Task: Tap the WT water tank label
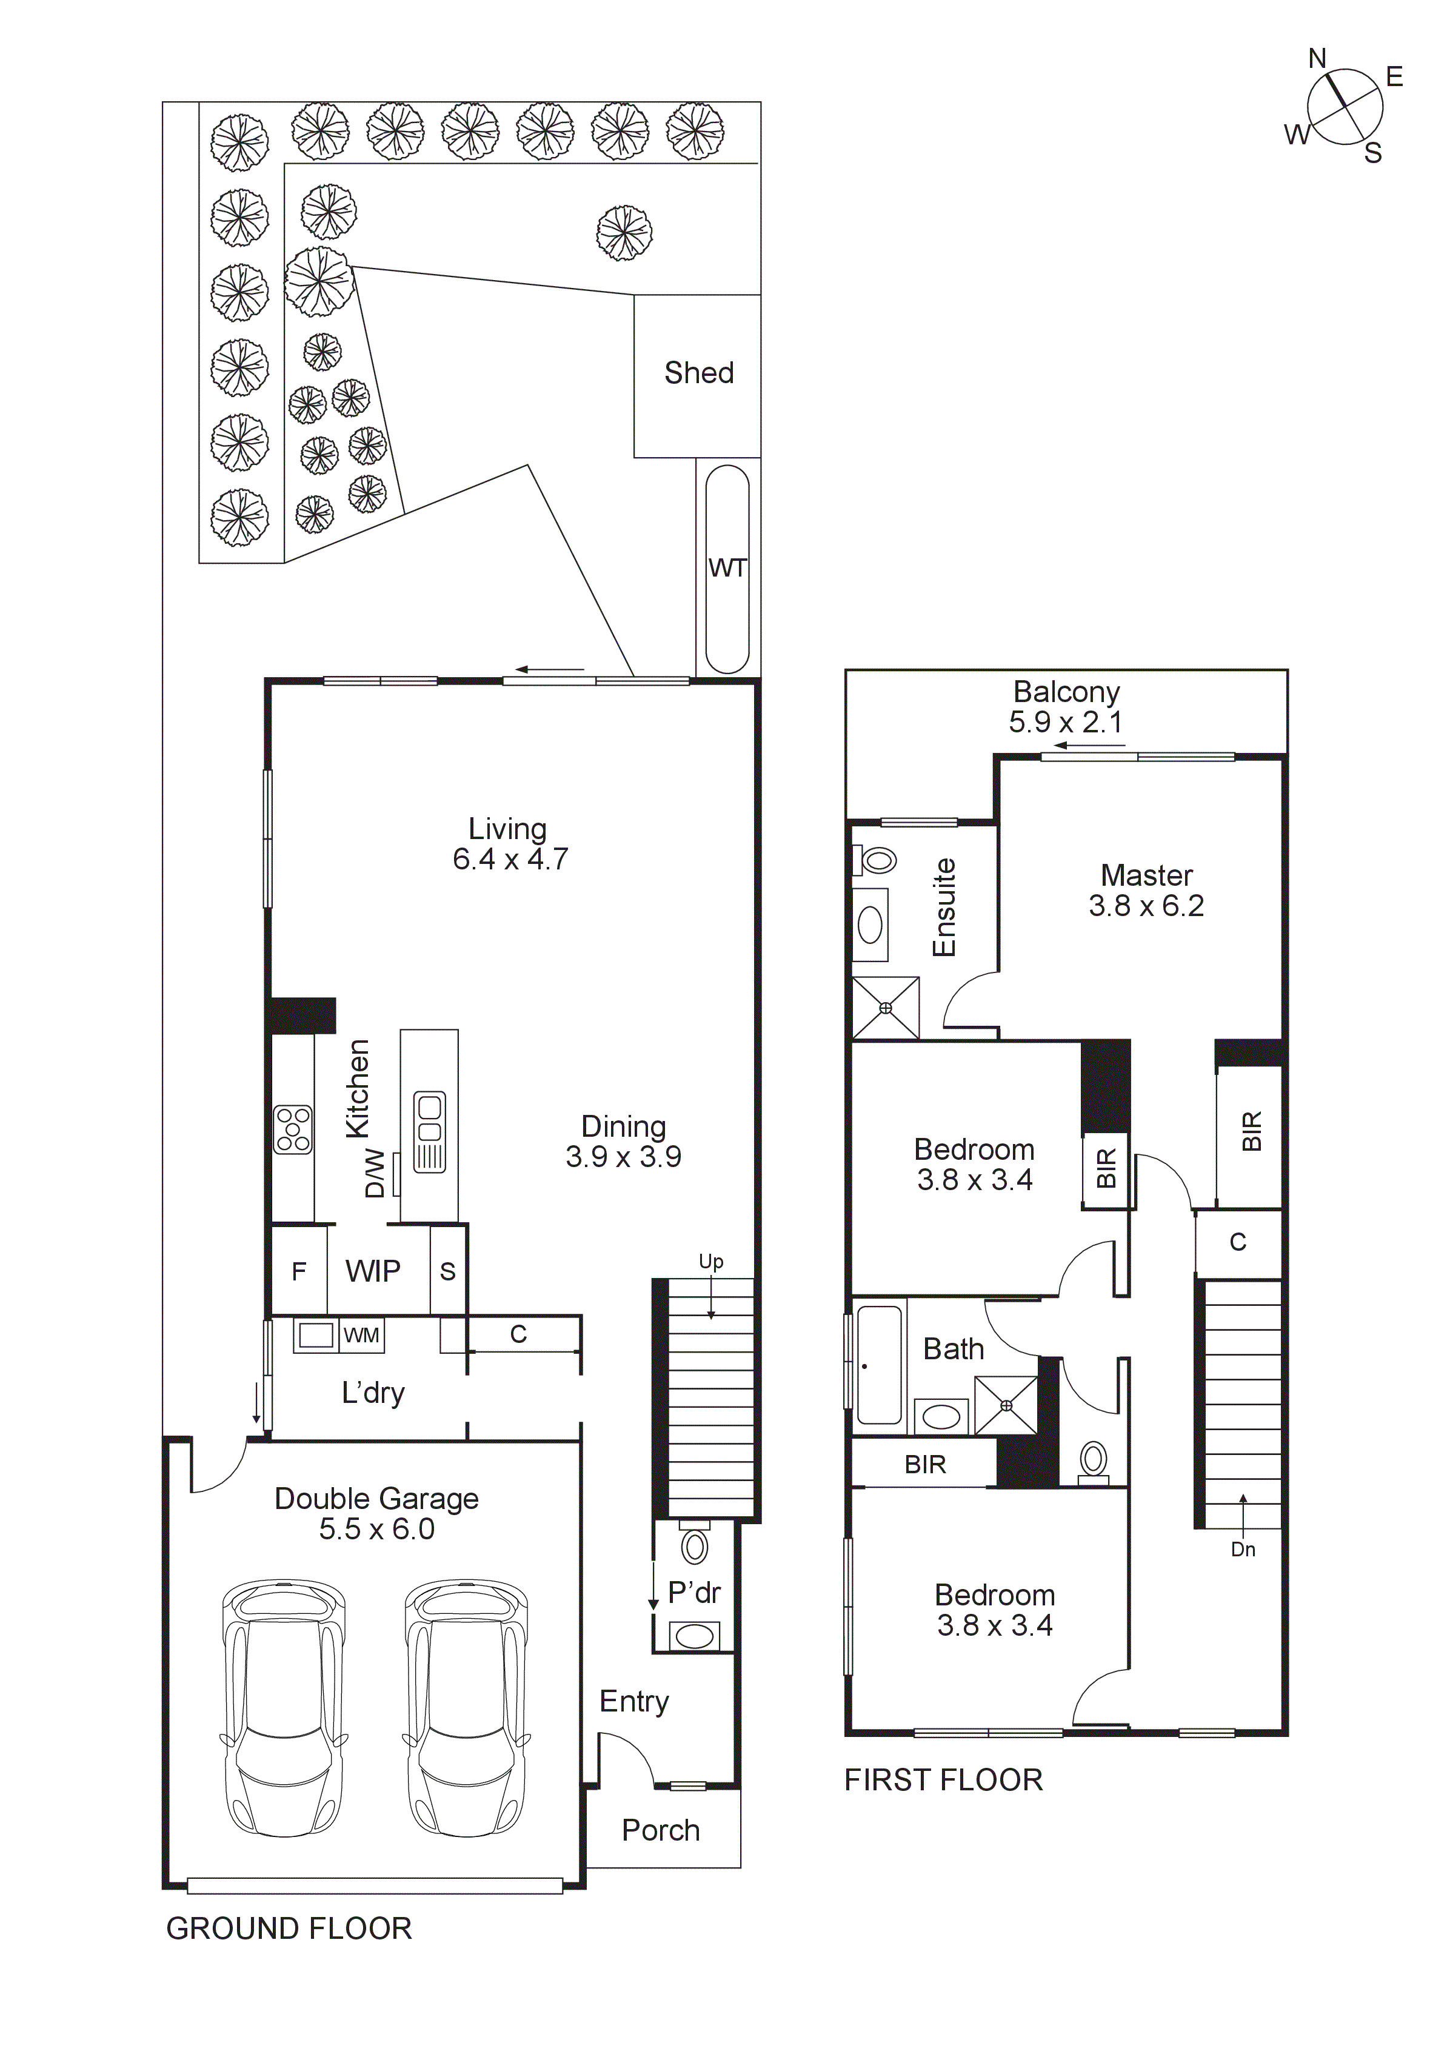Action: pyautogui.click(x=727, y=568)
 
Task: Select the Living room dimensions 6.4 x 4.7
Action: pyautogui.click(x=510, y=859)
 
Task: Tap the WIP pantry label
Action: pyautogui.click(x=373, y=1271)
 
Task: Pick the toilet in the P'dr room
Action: pyautogui.click(x=694, y=1545)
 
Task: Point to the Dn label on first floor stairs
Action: pyautogui.click(x=1243, y=1550)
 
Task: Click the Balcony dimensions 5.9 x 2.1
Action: pyautogui.click(x=1065, y=722)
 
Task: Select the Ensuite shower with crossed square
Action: pyautogui.click(x=886, y=1008)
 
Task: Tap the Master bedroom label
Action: pyautogui.click(x=1146, y=875)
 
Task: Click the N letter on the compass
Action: pyautogui.click(x=1317, y=59)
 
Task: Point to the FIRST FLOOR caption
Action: pyautogui.click(x=943, y=1781)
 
